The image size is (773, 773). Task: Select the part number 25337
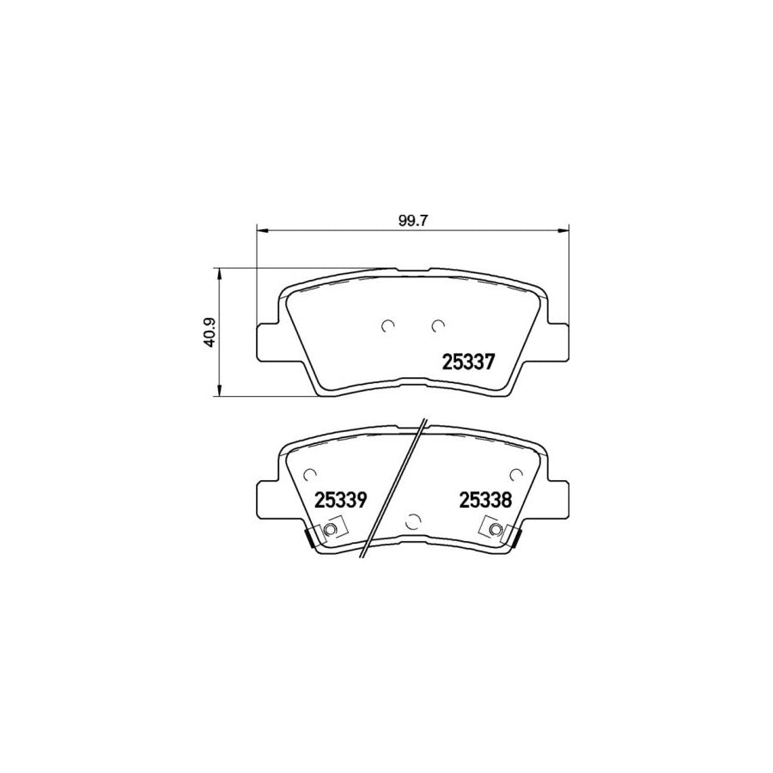point(468,362)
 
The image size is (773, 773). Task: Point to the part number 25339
point(341,500)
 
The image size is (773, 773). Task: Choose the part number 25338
point(485,500)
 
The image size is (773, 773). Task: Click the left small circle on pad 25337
point(387,325)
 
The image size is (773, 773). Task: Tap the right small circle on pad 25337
point(438,325)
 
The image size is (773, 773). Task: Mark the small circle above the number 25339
point(311,473)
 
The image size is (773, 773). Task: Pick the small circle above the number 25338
point(515,473)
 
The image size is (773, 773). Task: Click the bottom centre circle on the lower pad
point(413,519)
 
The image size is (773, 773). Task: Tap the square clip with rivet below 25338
point(495,531)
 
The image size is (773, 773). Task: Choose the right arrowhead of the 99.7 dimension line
point(563,229)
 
